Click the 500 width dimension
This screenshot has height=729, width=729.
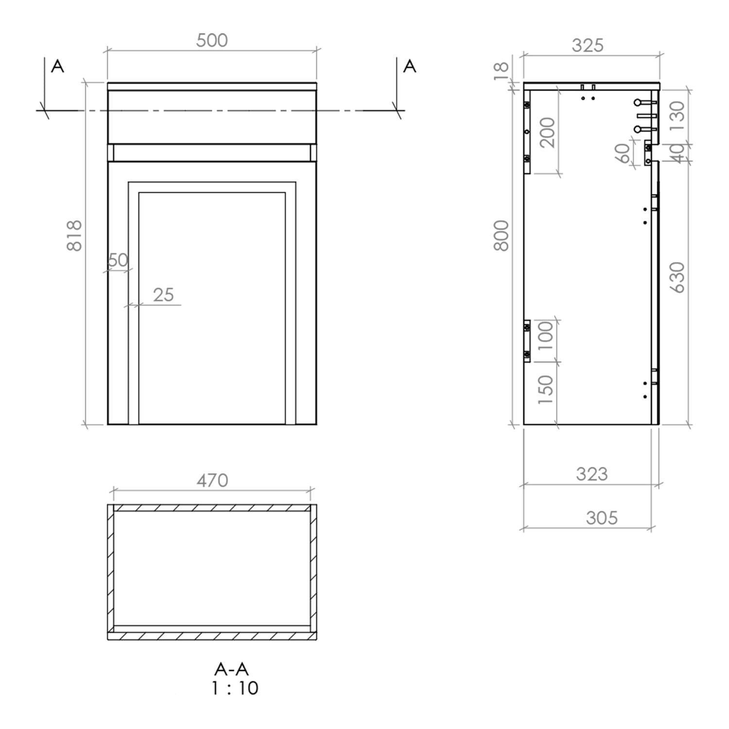tap(212, 40)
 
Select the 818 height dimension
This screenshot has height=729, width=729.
tap(74, 236)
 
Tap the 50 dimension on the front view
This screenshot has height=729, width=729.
tap(118, 260)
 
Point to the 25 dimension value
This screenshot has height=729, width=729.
tap(163, 295)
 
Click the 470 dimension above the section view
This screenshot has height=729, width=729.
tap(212, 481)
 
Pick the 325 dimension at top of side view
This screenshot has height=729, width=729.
tap(588, 46)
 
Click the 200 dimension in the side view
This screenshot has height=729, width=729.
tap(547, 132)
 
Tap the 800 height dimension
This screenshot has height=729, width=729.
tap(501, 236)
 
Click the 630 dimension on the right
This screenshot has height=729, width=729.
tap(677, 278)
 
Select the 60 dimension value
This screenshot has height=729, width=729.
tap(624, 154)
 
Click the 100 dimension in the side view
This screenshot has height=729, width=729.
tap(546, 336)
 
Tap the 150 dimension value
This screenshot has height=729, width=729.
tap(546, 390)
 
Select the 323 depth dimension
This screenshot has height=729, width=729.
tap(591, 474)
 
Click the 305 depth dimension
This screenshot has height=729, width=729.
tap(602, 518)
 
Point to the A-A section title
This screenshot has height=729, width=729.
tap(231, 670)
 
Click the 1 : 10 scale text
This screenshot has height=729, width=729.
tap(235, 688)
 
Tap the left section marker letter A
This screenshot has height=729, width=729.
tap(57, 66)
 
